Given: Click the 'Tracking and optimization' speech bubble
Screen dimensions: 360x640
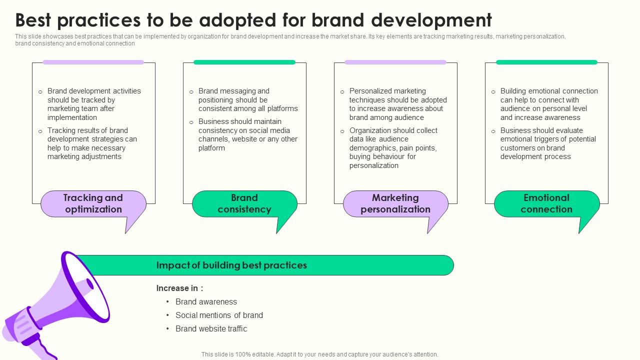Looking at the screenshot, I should [x=93, y=204].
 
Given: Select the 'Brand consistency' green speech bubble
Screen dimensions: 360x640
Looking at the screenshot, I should [x=244, y=204].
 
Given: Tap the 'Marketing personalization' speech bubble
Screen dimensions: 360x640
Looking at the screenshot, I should [x=395, y=204].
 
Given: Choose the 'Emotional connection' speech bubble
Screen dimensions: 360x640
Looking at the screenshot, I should [x=546, y=204].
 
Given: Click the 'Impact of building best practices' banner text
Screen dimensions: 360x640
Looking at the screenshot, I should [x=231, y=265].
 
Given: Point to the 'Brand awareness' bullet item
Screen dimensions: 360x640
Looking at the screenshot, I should [x=206, y=302].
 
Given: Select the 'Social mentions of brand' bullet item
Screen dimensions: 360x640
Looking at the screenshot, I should [x=219, y=315].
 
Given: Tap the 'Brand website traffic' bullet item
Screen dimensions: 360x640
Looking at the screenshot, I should [x=211, y=329].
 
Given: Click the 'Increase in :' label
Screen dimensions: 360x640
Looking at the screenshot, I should [x=179, y=288].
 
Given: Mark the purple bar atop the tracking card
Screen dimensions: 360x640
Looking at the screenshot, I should [x=93, y=62].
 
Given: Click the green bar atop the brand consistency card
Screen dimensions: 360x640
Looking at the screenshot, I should [x=244, y=62].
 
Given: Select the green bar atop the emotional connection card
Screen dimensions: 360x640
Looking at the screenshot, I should [x=546, y=62].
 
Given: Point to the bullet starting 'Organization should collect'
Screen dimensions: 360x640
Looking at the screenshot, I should [x=393, y=148].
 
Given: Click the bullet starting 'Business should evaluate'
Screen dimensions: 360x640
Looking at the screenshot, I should [x=547, y=143].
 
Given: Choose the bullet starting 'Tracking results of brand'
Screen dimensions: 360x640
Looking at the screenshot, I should [x=92, y=143].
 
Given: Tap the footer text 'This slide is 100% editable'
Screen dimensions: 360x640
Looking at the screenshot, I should [x=319, y=354].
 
